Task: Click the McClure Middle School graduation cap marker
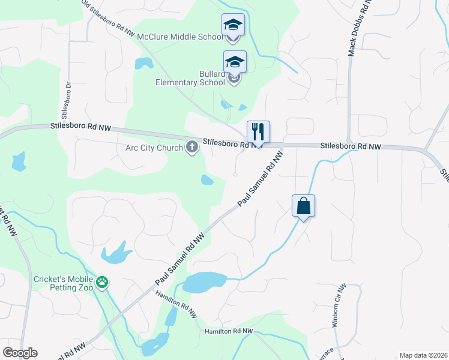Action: point(233,25)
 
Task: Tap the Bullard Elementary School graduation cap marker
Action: point(235,62)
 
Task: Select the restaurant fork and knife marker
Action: point(258,131)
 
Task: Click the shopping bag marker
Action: point(304,206)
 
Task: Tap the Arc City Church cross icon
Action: point(192,147)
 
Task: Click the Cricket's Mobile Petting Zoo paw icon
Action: point(103,281)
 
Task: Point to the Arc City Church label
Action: point(154,148)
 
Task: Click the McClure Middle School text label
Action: point(180,37)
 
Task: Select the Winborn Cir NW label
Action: point(337,305)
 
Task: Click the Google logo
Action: point(20,352)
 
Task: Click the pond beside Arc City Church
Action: point(207,179)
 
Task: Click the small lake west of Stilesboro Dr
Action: point(19,161)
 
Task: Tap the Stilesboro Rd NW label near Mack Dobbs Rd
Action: point(351,146)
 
